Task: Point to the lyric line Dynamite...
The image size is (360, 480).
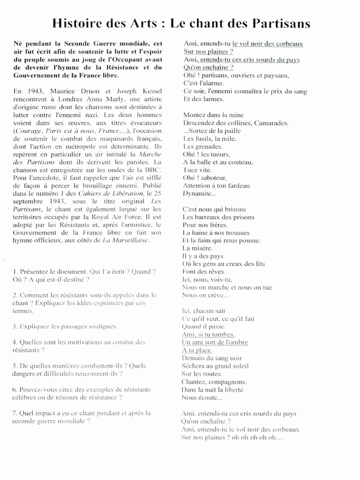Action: pos(199,193)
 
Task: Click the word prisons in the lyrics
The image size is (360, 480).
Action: pos(242,217)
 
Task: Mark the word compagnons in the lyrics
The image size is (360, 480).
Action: pos(227,382)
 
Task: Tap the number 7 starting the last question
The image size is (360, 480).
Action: pos(15,413)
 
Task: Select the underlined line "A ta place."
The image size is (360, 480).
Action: pos(196,350)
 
